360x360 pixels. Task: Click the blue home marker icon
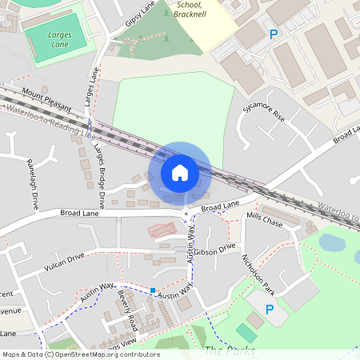pos(179,172)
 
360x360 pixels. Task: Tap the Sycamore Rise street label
pos(269,117)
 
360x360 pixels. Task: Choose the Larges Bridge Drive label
pos(98,173)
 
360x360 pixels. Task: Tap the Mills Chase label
pos(264,220)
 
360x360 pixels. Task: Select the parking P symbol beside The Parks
pos(270,310)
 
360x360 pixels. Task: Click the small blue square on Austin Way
pos(153,289)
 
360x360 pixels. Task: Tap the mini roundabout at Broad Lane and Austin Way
pos(186,214)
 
